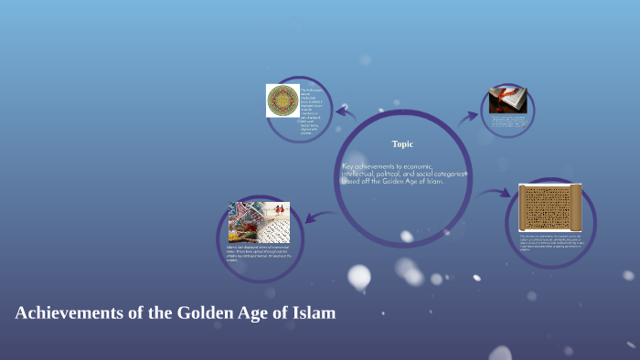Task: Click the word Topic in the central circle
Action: pyautogui.click(x=402, y=143)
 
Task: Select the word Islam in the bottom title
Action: pyautogui.click(x=313, y=312)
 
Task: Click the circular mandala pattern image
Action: pyautogui.click(x=283, y=101)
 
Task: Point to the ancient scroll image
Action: pyautogui.click(x=550, y=207)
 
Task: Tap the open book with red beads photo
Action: pyautogui.click(x=507, y=100)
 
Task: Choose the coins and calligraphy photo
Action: pyautogui.click(x=259, y=222)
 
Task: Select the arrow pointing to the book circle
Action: pyautogui.click(x=468, y=116)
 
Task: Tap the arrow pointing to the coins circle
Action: pyautogui.click(x=317, y=216)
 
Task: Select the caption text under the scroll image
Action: pyautogui.click(x=550, y=242)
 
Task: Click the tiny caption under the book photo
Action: pyautogui.click(x=507, y=122)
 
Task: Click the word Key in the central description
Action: pyautogui.click(x=348, y=166)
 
